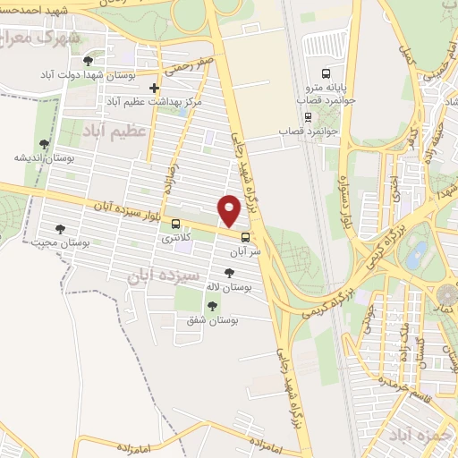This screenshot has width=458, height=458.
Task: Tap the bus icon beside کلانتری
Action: [175, 224]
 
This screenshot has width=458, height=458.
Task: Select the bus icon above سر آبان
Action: [246, 237]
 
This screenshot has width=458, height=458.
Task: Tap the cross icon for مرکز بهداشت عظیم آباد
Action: [155, 88]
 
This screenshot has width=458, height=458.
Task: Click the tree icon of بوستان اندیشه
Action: [43, 143]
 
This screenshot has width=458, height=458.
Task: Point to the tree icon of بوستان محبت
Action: [60, 229]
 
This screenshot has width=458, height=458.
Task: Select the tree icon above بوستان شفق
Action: [211, 307]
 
